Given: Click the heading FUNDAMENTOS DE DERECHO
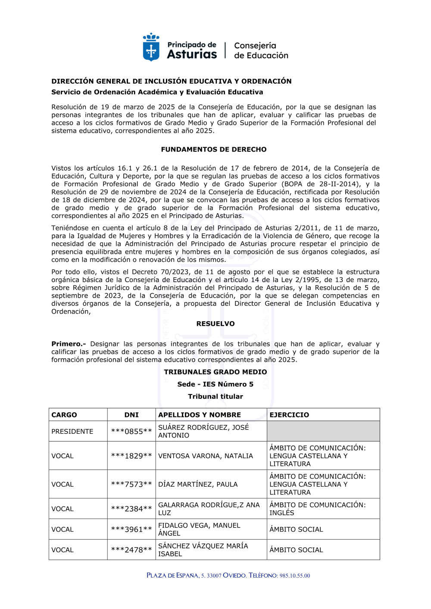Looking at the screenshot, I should [214, 149].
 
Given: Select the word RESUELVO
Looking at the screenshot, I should [215, 323].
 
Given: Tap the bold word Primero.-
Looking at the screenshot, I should [69, 344].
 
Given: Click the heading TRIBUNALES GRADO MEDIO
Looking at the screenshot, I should [215, 372].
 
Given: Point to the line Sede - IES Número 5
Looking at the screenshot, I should [215, 384].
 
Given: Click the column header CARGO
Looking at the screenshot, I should [64, 415].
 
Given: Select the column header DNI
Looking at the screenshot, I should [131, 415].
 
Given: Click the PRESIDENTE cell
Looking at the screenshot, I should [72, 431].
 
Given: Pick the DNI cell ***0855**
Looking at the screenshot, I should [131, 431].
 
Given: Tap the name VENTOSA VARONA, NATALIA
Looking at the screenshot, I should [206, 456].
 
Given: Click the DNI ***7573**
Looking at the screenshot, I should [131, 484].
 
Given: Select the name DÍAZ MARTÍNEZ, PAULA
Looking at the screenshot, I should [198, 484].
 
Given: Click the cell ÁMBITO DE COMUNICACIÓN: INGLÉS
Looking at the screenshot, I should [318, 509].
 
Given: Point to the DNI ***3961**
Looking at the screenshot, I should [131, 529].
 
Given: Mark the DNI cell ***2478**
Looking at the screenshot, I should [131, 550].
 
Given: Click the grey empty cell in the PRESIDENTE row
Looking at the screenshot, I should [323, 431].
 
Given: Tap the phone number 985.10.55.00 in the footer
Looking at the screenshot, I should [295, 575].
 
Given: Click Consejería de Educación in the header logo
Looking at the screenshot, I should [261, 50].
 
